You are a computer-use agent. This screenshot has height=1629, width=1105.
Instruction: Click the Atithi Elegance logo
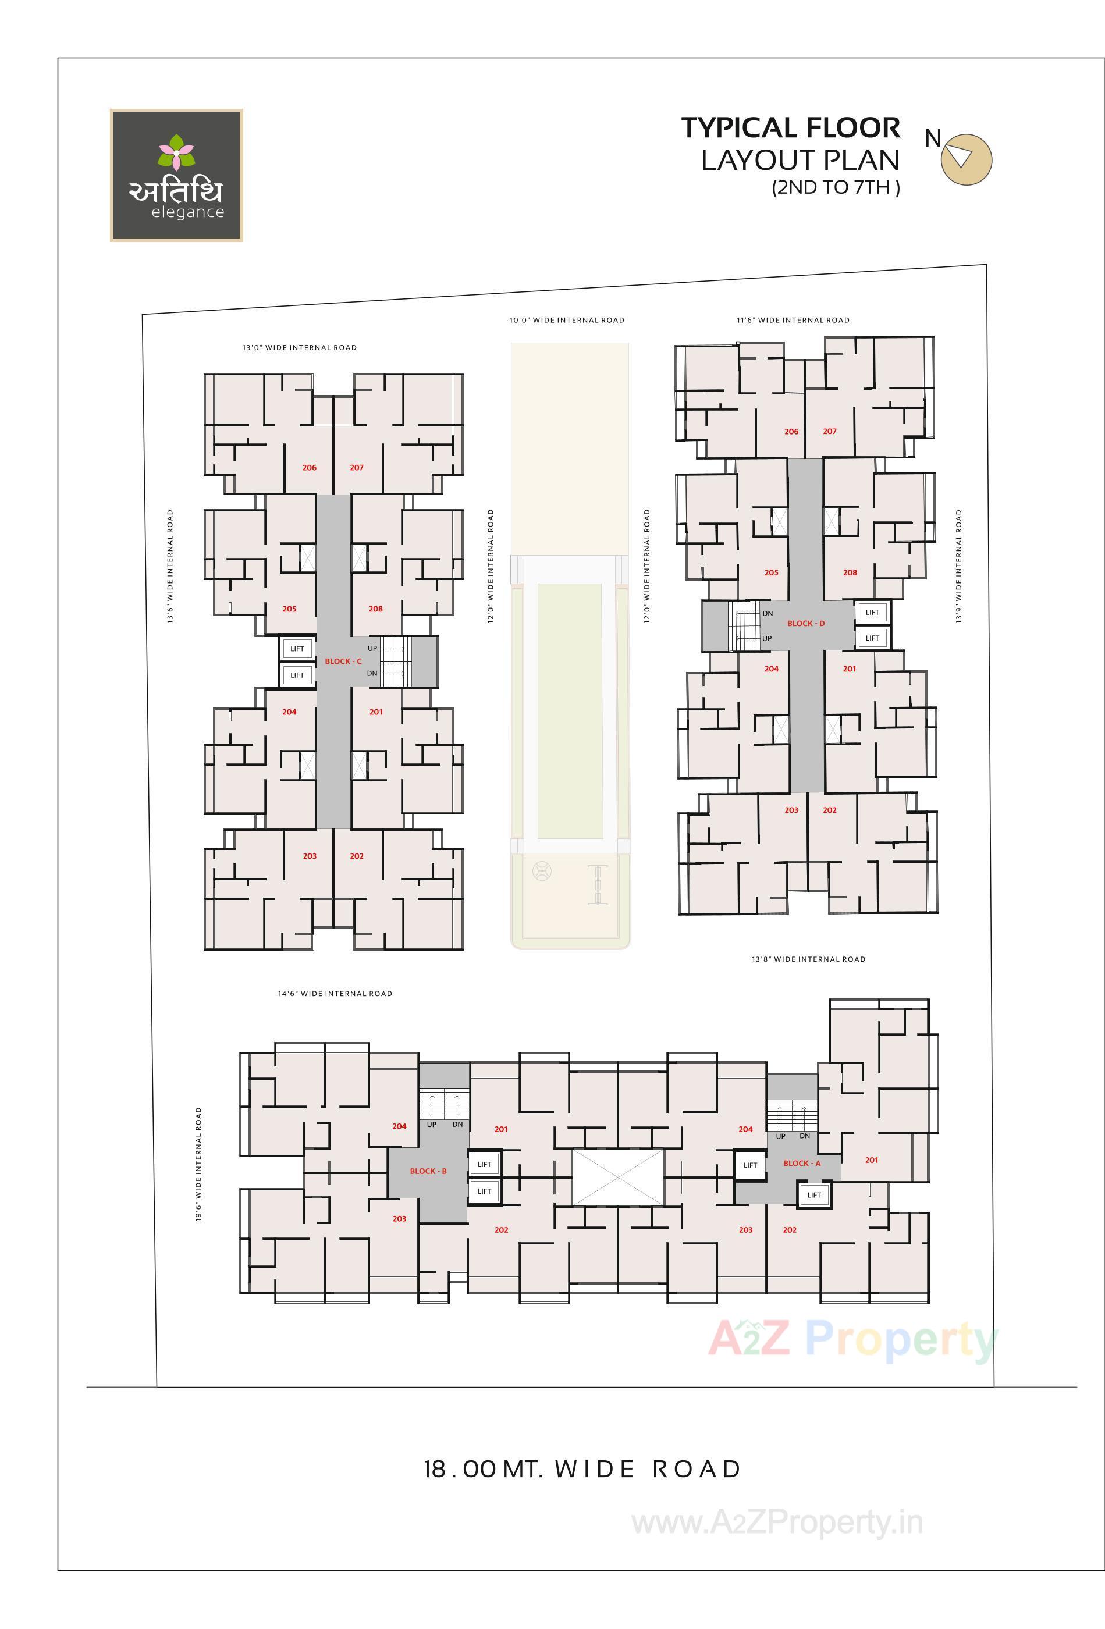click(x=176, y=175)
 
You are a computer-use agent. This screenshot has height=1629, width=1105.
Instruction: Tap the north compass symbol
click(x=965, y=159)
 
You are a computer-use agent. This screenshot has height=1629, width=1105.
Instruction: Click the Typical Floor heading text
click(x=790, y=128)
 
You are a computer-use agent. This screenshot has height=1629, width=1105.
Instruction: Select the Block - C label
click(x=343, y=661)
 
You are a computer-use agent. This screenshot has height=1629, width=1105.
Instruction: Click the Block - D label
click(x=805, y=623)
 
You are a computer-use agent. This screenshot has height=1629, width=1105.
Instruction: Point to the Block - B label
click(x=428, y=1171)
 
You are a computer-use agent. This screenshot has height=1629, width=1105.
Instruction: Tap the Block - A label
click(x=801, y=1163)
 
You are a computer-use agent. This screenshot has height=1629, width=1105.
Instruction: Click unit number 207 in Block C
click(x=356, y=468)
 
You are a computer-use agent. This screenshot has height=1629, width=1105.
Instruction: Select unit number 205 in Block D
click(x=771, y=572)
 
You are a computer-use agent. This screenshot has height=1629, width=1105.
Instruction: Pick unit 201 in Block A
click(x=872, y=1160)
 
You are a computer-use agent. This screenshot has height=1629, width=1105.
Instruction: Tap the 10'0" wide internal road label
click(x=567, y=321)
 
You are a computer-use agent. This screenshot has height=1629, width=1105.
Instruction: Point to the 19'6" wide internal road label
click(x=198, y=1164)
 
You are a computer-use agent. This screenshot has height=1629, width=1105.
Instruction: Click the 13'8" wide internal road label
click(x=808, y=959)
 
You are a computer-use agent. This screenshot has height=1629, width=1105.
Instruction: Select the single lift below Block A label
click(x=814, y=1195)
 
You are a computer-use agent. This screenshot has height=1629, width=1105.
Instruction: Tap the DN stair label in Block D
click(x=768, y=613)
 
